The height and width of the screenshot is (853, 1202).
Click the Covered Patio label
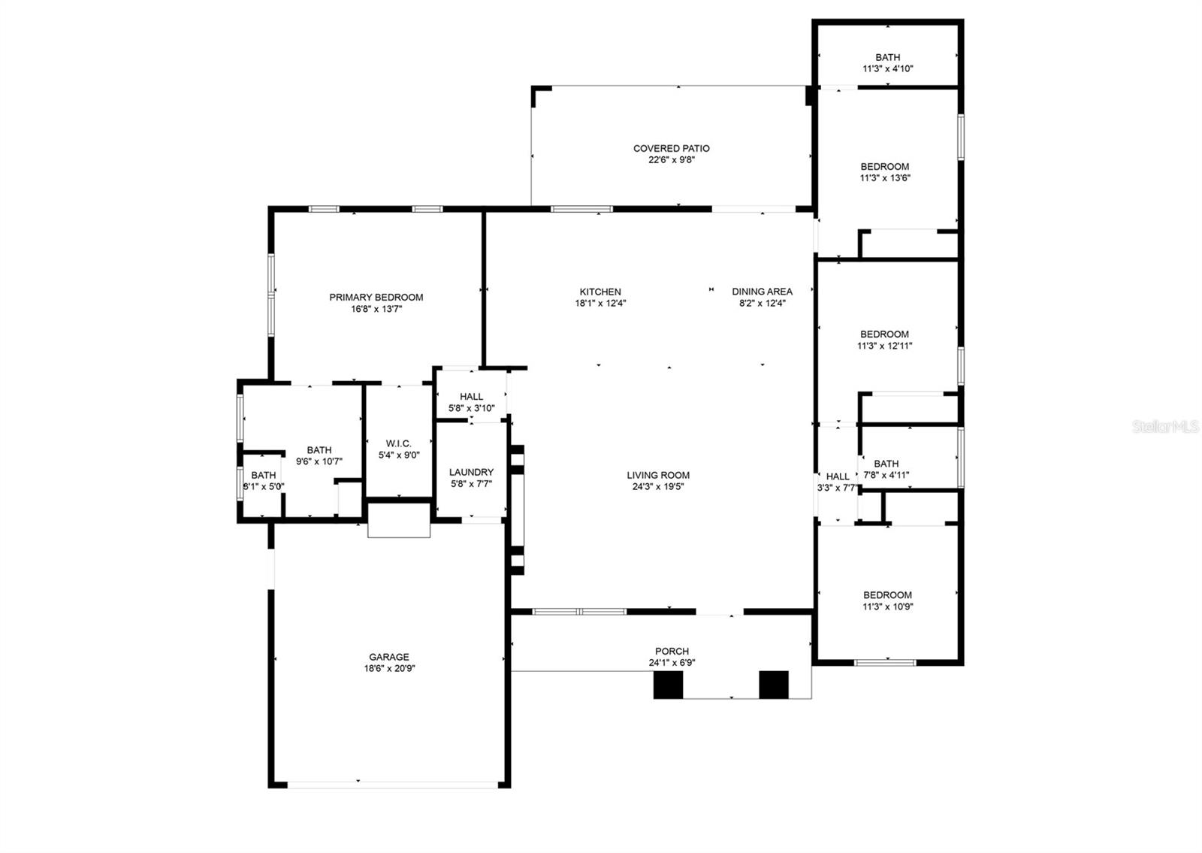[x=671, y=149]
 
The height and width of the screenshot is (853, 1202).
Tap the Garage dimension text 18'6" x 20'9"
[x=389, y=668]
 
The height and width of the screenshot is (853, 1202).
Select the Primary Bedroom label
[x=376, y=298]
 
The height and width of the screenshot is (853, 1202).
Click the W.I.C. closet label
[x=399, y=443]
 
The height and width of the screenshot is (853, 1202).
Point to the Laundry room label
[x=471, y=473]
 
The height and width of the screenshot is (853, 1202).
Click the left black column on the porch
[x=668, y=685]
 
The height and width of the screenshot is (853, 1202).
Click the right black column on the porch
[x=773, y=685]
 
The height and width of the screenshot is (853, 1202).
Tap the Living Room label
[x=658, y=475]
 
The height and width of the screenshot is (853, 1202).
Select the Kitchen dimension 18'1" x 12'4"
[x=600, y=304]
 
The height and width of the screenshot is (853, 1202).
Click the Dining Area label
[x=762, y=292]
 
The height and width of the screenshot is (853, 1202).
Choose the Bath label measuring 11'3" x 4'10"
[x=887, y=57]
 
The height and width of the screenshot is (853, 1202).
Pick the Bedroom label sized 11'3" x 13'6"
[x=884, y=167]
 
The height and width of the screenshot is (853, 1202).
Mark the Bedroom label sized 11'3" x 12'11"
[x=884, y=334]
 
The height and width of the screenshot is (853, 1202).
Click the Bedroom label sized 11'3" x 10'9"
[x=887, y=595]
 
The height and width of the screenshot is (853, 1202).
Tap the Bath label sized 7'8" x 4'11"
[x=886, y=464]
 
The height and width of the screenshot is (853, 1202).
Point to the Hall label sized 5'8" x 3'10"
[x=471, y=397]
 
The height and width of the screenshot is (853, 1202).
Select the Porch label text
[x=672, y=652]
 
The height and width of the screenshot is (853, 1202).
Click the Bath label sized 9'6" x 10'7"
[x=319, y=450]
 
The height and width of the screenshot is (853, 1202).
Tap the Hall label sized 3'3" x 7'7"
[x=837, y=476]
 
